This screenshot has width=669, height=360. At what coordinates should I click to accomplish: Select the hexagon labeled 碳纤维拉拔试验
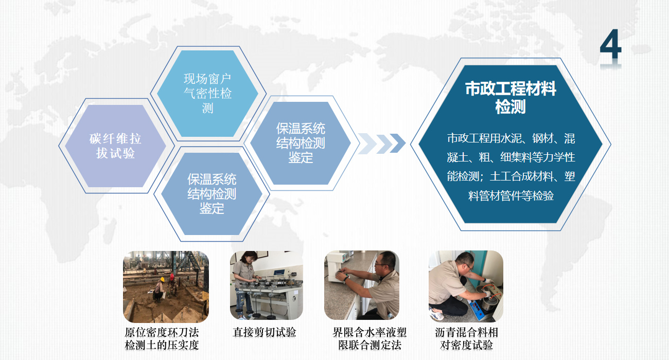click(115, 146)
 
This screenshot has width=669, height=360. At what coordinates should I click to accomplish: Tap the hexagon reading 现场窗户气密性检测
click(207, 94)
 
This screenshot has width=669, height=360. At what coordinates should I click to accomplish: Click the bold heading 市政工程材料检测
click(510, 97)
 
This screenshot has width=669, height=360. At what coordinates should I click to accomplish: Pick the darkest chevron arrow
click(397, 143)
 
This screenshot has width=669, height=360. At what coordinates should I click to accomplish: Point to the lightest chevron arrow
click(366, 143)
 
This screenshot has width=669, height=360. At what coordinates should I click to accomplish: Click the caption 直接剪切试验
click(265, 332)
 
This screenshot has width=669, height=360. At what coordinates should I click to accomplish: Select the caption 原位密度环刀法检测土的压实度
click(162, 339)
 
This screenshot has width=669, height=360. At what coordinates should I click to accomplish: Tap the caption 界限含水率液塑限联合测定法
click(369, 339)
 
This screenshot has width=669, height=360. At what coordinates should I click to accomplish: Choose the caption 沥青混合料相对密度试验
click(466, 339)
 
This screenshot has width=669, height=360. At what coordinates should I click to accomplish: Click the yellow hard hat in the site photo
click(163, 279)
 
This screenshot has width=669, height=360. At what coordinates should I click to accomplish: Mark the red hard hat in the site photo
click(172, 276)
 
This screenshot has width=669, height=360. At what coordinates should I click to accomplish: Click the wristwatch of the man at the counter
click(346, 279)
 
